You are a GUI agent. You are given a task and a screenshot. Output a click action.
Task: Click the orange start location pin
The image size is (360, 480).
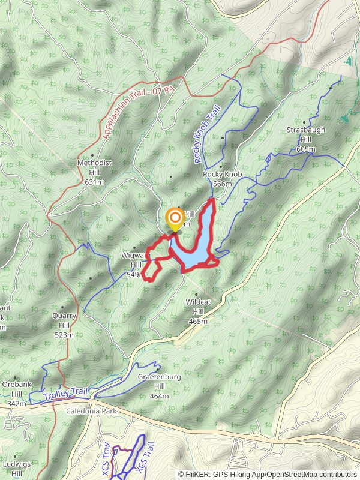[175, 218]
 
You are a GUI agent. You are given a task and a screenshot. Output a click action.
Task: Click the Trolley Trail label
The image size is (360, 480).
[65, 394]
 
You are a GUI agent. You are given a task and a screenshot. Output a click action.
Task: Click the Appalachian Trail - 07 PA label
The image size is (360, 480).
[138, 112]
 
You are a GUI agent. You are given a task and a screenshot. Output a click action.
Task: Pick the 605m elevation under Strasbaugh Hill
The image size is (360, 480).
[305, 149]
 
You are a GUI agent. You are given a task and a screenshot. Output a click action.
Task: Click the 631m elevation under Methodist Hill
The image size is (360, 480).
[94, 182]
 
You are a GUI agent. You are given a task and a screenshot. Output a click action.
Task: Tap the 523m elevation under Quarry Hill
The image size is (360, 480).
[64, 335]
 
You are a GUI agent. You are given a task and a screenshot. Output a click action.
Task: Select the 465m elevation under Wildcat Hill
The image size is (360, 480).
[197, 321]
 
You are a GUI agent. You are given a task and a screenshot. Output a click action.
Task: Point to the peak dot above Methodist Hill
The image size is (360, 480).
[92, 155]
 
